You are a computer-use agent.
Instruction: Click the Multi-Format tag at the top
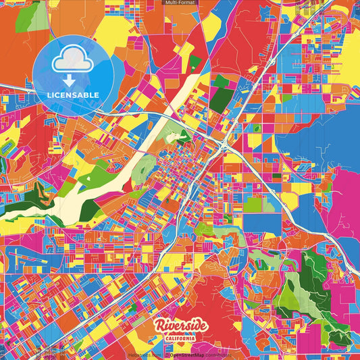point(180,3)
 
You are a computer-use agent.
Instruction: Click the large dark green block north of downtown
point(220,100)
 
